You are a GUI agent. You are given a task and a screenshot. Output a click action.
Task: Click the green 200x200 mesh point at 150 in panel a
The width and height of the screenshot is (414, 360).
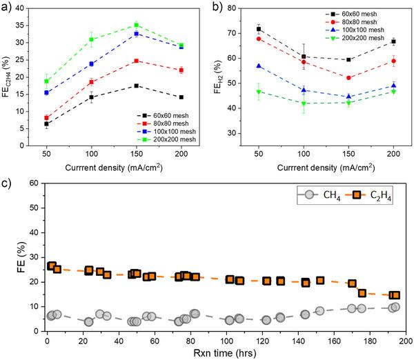(137, 25)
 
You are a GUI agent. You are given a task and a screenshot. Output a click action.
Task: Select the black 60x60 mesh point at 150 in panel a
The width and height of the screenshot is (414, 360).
(137, 86)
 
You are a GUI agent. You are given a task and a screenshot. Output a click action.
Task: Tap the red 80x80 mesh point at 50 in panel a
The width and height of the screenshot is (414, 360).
(47, 118)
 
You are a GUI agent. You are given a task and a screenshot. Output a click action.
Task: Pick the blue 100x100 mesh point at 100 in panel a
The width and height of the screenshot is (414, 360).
(91, 64)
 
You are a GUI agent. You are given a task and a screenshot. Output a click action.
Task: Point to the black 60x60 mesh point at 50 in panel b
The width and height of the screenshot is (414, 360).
(259, 30)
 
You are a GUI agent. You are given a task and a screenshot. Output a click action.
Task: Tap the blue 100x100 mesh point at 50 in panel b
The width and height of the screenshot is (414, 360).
(259, 66)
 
